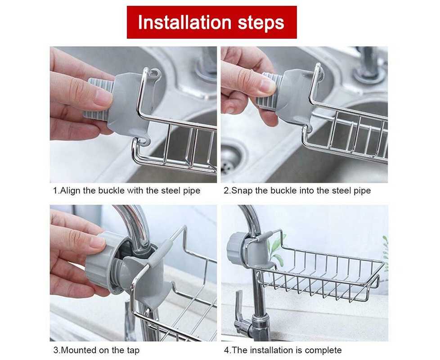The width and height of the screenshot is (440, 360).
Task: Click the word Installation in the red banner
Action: [184, 22]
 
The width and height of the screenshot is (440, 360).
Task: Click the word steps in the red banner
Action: [261, 23]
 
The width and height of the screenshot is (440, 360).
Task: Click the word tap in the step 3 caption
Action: [133, 351]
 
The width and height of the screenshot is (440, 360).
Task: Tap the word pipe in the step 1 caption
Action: [192, 191]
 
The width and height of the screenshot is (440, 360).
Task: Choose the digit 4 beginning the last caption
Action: [226, 350]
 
